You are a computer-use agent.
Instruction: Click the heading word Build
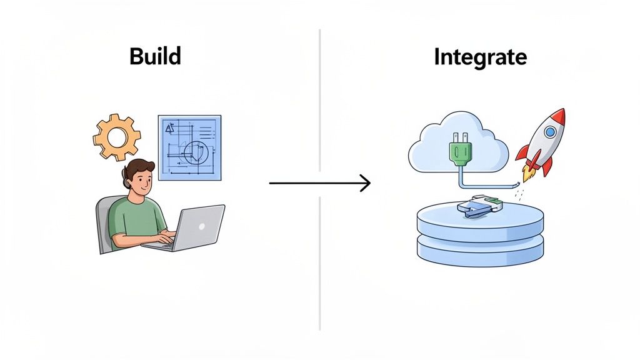(155, 57)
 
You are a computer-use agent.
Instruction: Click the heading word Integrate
(480, 57)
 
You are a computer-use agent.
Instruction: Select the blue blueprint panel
(189, 147)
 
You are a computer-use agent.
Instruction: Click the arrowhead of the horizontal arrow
(366, 183)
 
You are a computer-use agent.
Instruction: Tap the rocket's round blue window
(549, 132)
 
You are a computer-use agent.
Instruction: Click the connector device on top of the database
(478, 206)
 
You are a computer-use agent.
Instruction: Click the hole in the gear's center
(117, 137)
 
